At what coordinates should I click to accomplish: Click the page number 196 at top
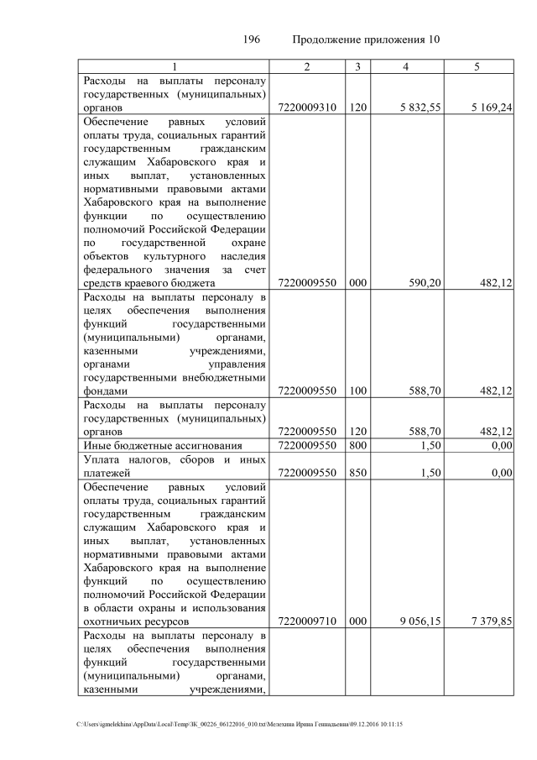[x=252, y=39]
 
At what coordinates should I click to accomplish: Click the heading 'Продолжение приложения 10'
[x=366, y=39]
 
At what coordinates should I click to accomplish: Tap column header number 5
[x=477, y=66]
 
